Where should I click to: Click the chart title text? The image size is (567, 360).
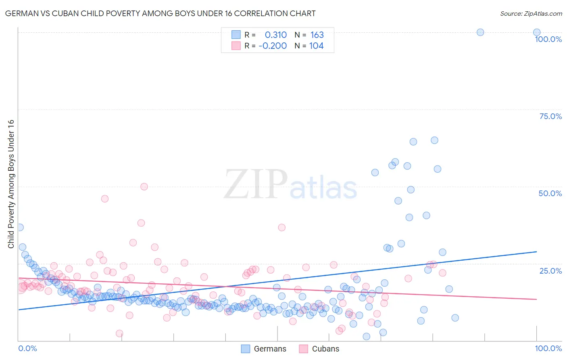[160, 13]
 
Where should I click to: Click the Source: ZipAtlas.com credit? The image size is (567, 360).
[531, 13]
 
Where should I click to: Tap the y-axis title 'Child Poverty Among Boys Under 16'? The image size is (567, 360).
[11, 184]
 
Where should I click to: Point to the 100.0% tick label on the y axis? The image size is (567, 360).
[548, 39]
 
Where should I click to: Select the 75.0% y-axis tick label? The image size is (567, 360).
[550, 116]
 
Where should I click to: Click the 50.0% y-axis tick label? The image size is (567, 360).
[550, 193]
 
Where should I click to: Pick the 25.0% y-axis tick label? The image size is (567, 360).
[550, 270]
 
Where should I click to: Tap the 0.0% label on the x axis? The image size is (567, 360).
[28, 348]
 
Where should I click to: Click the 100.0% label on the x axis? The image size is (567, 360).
[548, 348]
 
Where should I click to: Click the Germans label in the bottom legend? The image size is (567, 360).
[270, 349]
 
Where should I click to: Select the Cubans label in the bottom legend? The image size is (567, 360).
[325, 349]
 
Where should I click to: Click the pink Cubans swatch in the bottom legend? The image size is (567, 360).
[303, 349]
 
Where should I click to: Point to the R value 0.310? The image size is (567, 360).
[276, 35]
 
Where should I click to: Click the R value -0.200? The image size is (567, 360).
[273, 46]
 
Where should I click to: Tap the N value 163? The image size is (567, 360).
[317, 35]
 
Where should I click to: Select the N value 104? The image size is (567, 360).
[316, 46]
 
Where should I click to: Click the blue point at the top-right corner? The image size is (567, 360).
[537, 32]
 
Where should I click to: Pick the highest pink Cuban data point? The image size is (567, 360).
[144, 186]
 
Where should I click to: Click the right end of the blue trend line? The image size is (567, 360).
[536, 251]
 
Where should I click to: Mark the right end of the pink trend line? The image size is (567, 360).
[536, 299]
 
